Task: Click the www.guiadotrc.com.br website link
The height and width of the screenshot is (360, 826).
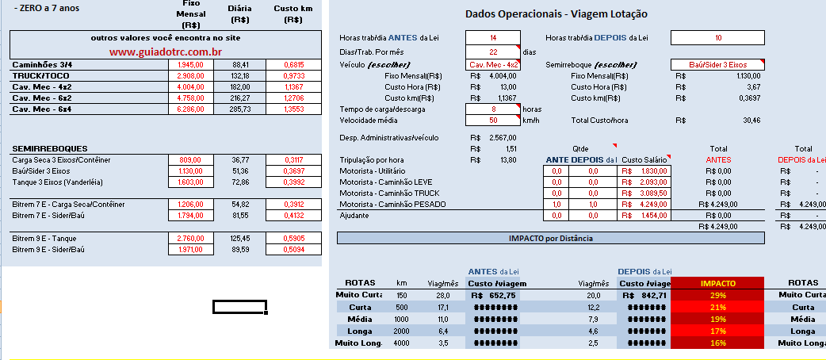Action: (166, 52)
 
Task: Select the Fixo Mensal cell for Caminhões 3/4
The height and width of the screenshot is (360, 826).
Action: (191, 64)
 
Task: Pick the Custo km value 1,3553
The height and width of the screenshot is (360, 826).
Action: (293, 109)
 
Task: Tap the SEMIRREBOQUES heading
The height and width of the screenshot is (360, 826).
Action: (50, 148)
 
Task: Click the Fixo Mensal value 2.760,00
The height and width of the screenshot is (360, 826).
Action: (191, 239)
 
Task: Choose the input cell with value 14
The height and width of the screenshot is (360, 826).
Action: (492, 38)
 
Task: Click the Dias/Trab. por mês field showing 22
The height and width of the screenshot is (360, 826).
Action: (492, 52)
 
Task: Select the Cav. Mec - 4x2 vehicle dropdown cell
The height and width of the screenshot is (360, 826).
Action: (492, 64)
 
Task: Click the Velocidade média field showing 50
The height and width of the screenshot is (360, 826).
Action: (492, 121)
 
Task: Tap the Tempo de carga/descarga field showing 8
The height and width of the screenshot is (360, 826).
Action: (492, 109)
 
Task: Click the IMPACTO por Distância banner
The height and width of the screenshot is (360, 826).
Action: (550, 238)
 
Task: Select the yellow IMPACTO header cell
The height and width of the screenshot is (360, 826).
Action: (717, 283)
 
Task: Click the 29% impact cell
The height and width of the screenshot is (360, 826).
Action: (717, 295)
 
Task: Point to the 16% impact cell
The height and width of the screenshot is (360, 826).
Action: (717, 343)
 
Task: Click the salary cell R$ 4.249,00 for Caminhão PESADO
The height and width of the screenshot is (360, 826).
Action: (644, 205)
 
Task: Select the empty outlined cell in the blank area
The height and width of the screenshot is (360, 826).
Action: (239, 307)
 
